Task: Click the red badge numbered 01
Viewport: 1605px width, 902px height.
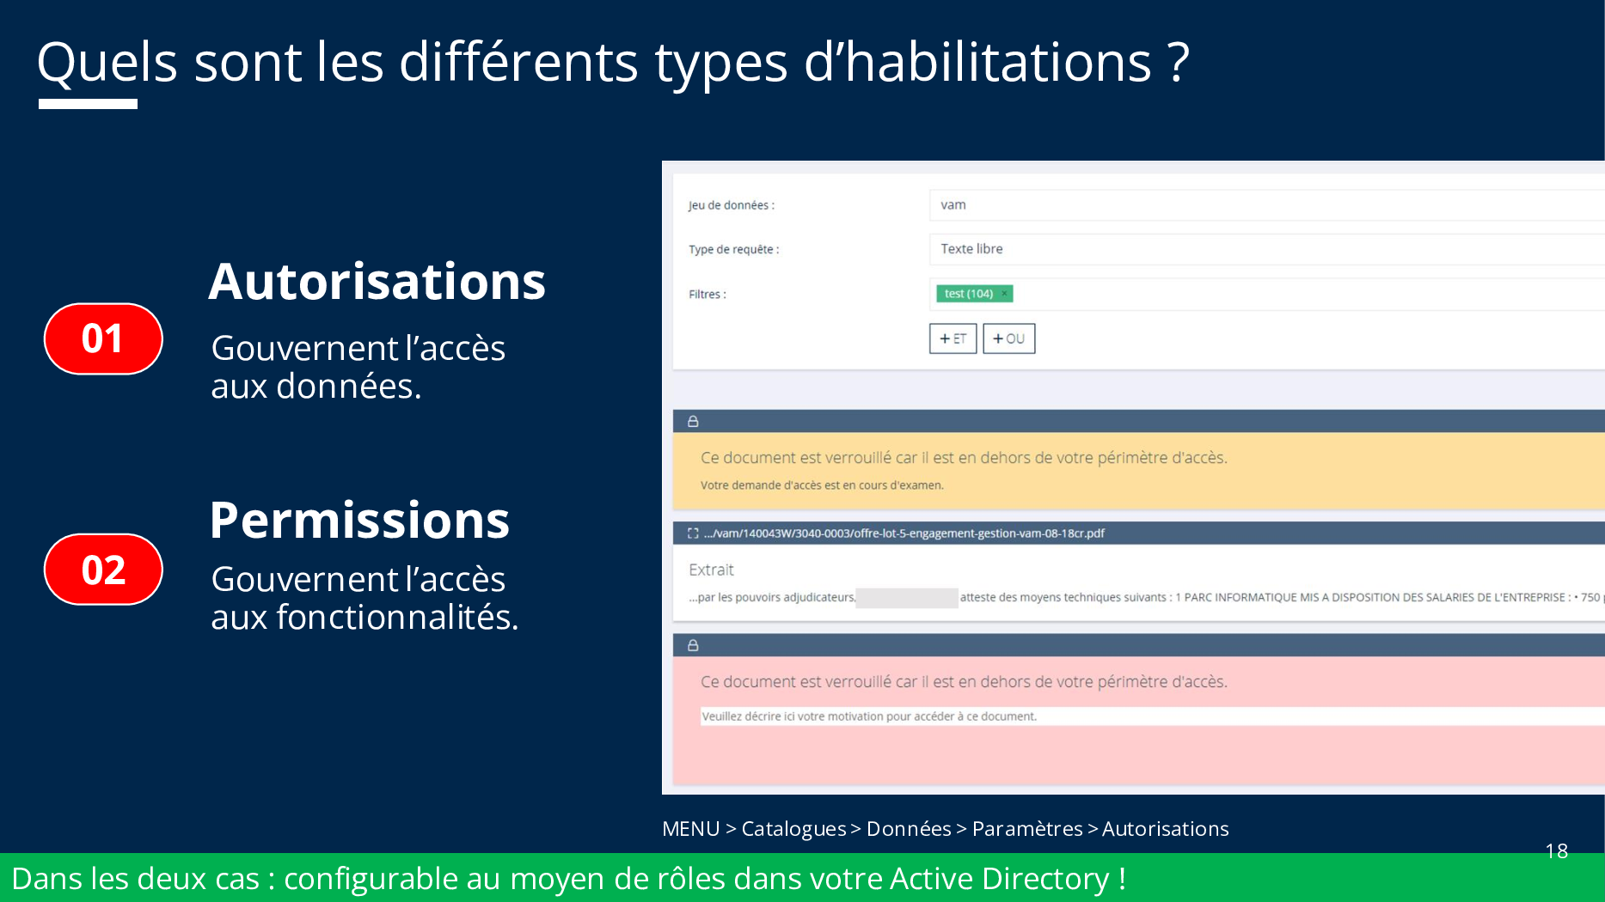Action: tap(103, 338)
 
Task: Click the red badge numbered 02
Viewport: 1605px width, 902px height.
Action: tap(103, 570)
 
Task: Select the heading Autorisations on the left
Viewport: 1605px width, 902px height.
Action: tap(377, 281)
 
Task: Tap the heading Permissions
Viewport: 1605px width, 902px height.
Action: tap(359, 520)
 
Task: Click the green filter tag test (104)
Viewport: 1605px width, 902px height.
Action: tap(974, 294)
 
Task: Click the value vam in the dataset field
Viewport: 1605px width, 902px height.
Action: tap(953, 205)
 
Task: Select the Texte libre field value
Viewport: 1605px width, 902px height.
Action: tap(971, 249)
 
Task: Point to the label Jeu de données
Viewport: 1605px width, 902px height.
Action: tap(732, 205)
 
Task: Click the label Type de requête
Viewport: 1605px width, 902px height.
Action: tap(734, 250)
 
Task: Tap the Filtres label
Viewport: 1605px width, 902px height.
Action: tap(708, 295)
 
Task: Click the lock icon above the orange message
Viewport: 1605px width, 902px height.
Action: tap(693, 422)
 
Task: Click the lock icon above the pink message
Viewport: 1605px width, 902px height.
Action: tap(693, 645)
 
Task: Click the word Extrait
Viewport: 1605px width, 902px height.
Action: tap(711, 570)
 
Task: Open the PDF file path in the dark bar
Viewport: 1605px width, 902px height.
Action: tap(904, 533)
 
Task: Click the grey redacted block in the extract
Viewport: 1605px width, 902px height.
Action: tap(907, 598)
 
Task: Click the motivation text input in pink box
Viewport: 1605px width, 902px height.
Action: tap(1152, 716)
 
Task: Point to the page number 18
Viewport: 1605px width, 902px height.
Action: tap(1557, 851)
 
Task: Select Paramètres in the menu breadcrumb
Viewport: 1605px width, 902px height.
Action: tap(1027, 829)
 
